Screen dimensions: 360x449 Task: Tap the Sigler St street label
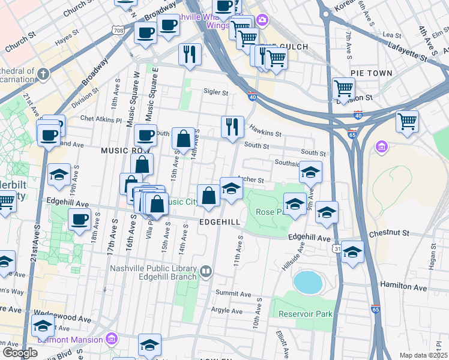click(215, 93)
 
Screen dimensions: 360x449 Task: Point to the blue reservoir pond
click(307, 280)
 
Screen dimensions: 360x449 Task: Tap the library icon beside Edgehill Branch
click(206, 272)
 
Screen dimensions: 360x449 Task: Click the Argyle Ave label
click(227, 311)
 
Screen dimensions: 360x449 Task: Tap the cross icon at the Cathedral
click(43, 74)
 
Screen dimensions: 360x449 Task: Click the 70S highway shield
click(118, 29)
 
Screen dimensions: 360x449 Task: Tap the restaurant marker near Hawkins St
click(232, 127)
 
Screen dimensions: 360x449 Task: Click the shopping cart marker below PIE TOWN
click(343, 89)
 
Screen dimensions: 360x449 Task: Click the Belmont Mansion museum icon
click(110, 340)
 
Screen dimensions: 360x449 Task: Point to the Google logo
click(20, 353)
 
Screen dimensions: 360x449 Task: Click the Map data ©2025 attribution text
click(423, 355)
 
